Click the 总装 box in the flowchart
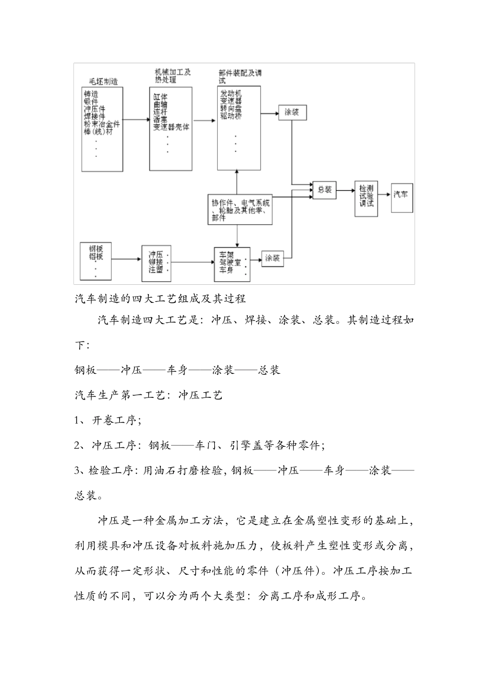pos(324,190)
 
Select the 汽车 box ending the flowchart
pos(402,197)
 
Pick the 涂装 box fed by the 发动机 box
pos(292,112)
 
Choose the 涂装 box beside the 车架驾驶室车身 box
pos(273,258)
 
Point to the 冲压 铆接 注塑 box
pos(156,262)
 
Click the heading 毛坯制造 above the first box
pos(103,81)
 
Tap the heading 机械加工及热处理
pos(172,76)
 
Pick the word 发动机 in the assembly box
pos(231,94)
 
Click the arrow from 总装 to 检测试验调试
pos(345,190)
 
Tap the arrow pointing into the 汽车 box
pos(385,194)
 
